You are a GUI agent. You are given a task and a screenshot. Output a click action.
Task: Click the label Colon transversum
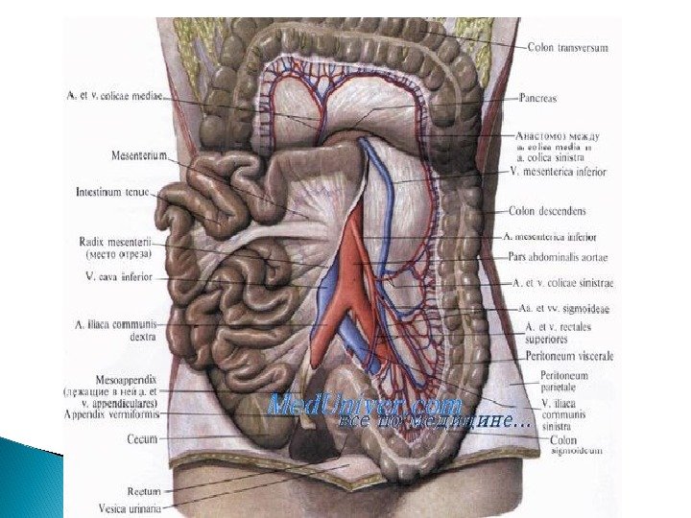click(x=567, y=47)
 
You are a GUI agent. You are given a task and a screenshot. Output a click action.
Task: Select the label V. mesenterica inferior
click(x=558, y=172)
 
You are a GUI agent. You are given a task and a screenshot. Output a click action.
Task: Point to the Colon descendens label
click(x=547, y=210)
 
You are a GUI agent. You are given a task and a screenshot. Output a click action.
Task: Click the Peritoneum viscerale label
click(x=569, y=355)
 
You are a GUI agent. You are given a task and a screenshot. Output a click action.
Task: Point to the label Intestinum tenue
click(x=112, y=192)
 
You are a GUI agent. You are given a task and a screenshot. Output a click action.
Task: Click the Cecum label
click(x=142, y=438)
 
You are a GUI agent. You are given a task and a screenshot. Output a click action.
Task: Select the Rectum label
click(x=143, y=490)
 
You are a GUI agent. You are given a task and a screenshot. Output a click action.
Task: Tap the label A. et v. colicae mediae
click(x=115, y=96)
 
